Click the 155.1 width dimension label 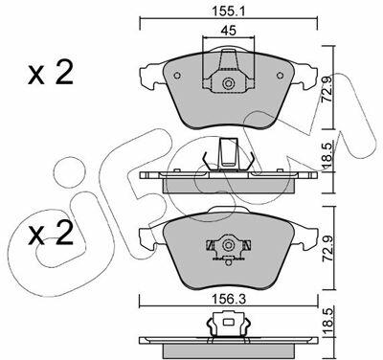click(x=229, y=11)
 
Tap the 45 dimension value click(x=229, y=31)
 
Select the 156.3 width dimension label click(x=229, y=299)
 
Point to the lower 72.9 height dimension click(x=327, y=252)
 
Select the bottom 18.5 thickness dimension click(x=327, y=321)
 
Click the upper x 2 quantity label click(x=51, y=73)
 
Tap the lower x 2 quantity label click(x=51, y=234)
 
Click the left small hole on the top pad click(x=177, y=76)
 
